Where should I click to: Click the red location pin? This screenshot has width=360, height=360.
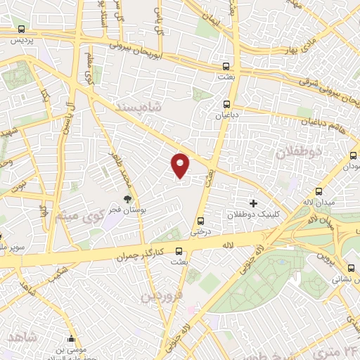(181, 165)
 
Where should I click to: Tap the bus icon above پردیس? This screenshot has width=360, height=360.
(21, 30)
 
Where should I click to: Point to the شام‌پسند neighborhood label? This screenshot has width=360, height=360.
(139, 108)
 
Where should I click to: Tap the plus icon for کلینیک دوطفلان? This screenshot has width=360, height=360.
(253, 203)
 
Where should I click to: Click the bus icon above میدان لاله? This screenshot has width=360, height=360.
(319, 191)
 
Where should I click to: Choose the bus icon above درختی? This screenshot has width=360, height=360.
(202, 219)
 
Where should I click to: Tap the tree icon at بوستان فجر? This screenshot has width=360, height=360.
(127, 200)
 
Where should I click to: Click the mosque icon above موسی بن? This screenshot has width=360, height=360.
(72, 337)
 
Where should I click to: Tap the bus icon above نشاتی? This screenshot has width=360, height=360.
(351, 267)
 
